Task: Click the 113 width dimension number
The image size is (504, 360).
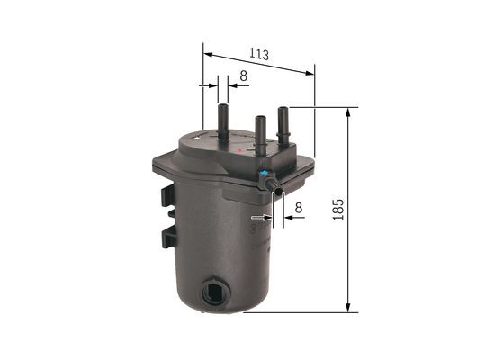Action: [261, 55]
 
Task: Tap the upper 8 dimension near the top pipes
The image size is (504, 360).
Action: [244, 77]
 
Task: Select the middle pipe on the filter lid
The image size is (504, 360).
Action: [261, 133]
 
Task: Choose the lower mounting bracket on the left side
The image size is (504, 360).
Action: [168, 238]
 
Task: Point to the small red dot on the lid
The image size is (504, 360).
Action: [238, 154]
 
